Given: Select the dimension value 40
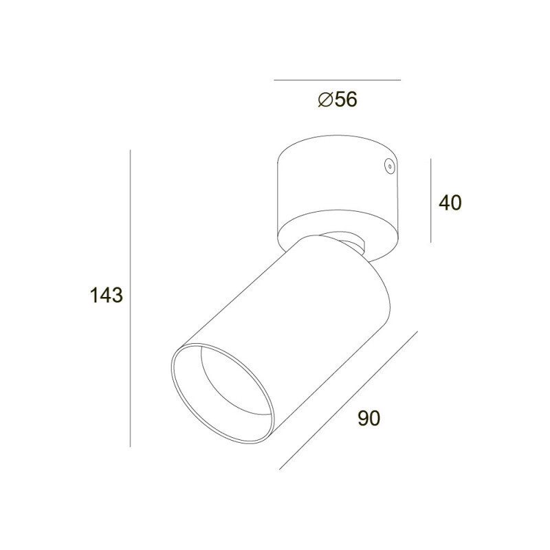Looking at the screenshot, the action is click(450, 203).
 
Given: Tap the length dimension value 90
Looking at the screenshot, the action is click(368, 418).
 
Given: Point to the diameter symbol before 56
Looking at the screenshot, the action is click(325, 100).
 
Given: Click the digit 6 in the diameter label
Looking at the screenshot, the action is click(351, 99).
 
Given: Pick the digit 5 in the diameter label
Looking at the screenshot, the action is click(340, 99).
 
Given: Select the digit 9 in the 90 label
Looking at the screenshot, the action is click(363, 418).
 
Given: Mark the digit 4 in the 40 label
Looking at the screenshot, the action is click(444, 203).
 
